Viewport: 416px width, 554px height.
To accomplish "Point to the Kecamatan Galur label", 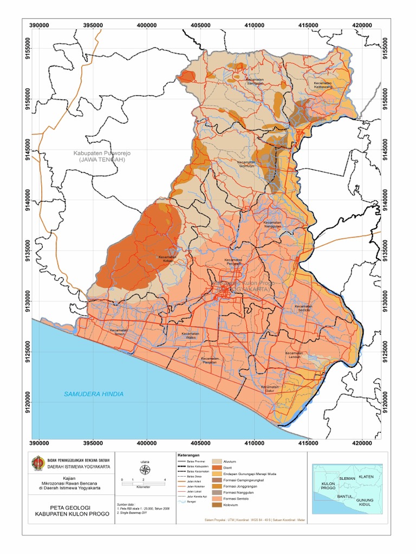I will click(x=269, y=389).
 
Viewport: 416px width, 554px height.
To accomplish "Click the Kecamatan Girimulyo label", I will click(x=246, y=163).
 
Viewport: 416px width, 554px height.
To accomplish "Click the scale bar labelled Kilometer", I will click(x=144, y=483).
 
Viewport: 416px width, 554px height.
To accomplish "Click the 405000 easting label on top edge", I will click(x=201, y=25).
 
